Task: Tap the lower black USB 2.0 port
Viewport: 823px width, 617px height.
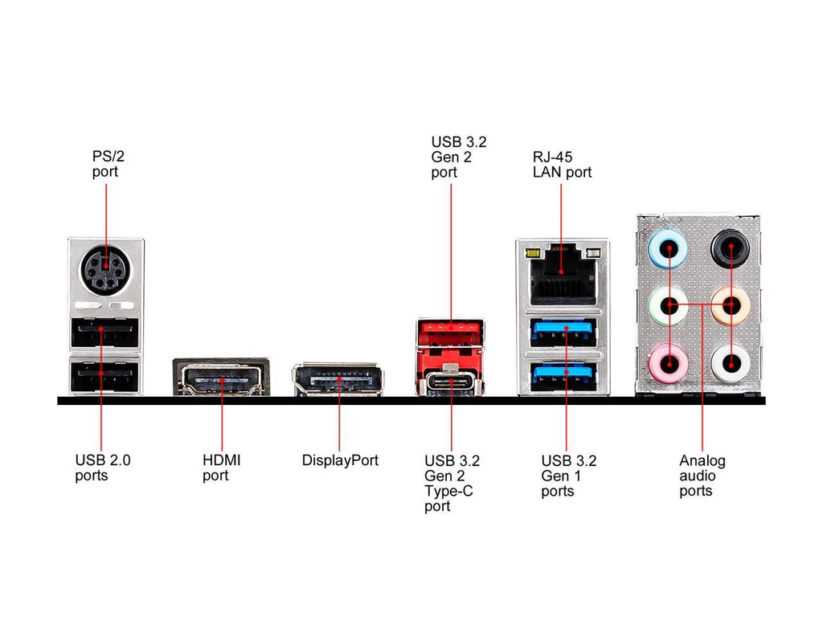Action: pyautogui.click(x=105, y=374)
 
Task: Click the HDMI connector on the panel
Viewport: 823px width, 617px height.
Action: pyautogui.click(x=221, y=378)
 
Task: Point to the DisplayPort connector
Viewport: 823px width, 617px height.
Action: pyautogui.click(x=338, y=380)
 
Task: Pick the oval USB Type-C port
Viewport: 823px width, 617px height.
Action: pyautogui.click(x=451, y=382)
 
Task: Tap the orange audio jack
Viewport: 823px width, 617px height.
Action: pyautogui.click(x=731, y=305)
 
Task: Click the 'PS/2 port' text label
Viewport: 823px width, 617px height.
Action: pyautogui.click(x=105, y=164)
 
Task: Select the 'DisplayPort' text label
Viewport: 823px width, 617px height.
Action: pyautogui.click(x=340, y=460)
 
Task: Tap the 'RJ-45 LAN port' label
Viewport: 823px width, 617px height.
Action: pyautogui.click(x=562, y=165)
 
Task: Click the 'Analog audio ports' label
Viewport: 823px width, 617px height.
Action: pyautogui.click(x=702, y=476)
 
